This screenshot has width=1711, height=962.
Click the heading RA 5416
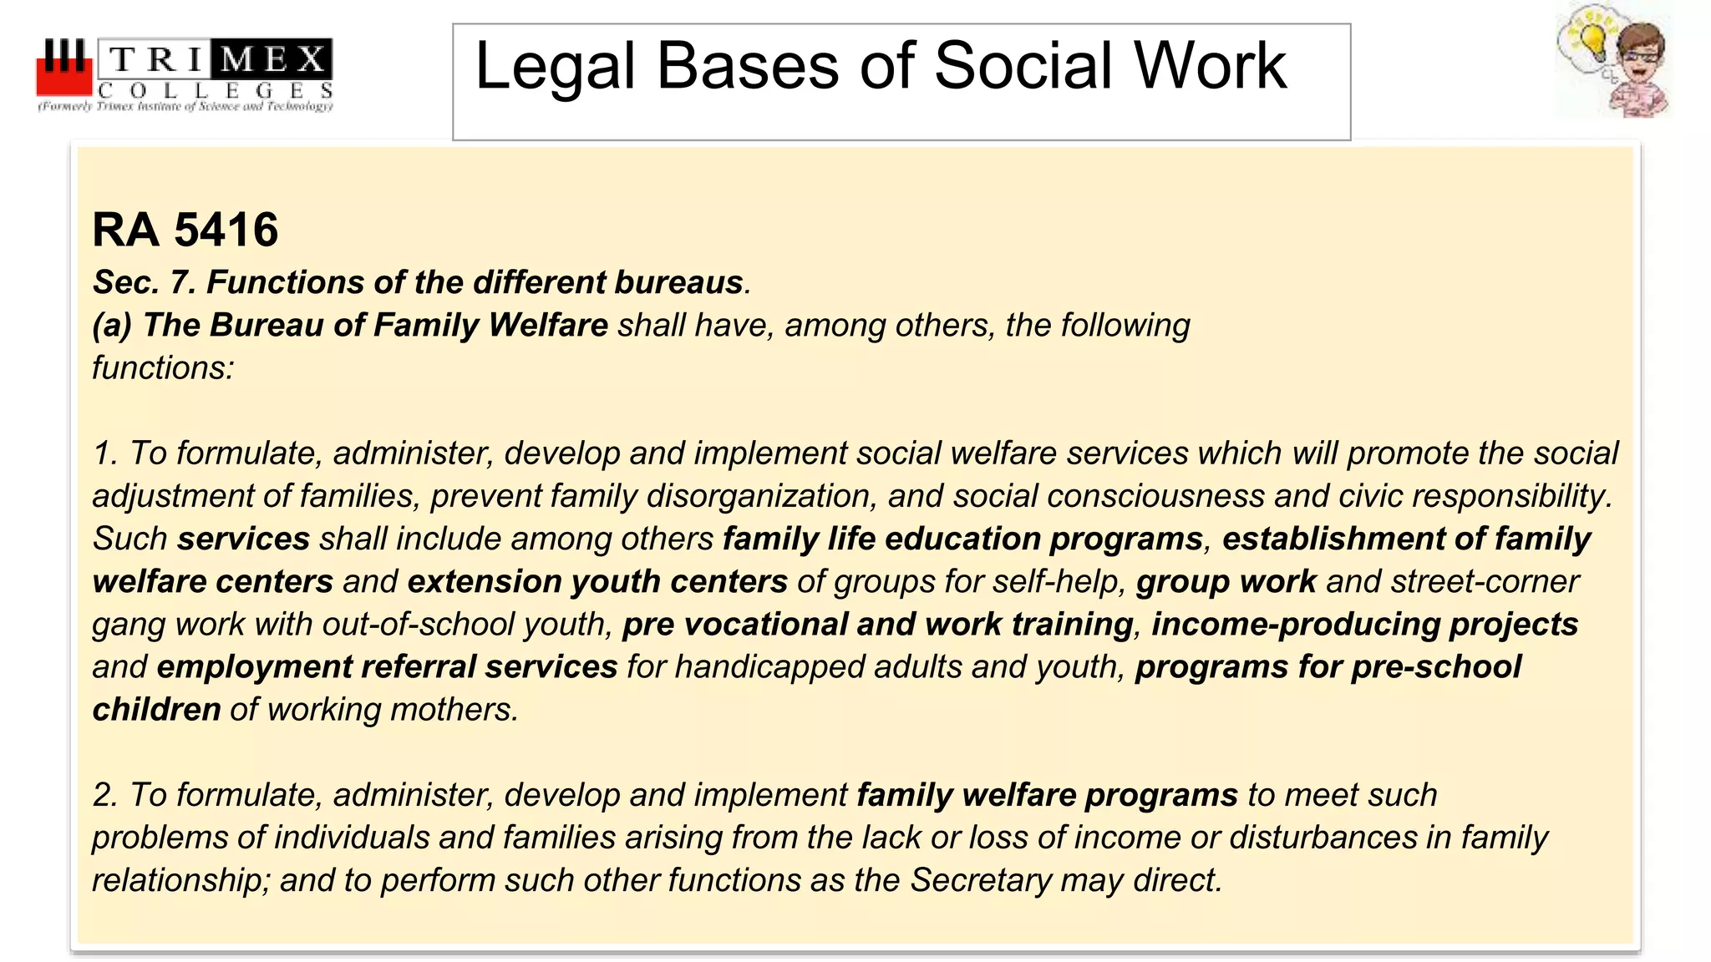[185, 230]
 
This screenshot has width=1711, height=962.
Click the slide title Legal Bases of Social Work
[881, 67]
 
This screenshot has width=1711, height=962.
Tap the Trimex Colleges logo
[185, 75]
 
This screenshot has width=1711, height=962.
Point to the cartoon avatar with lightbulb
[1613, 61]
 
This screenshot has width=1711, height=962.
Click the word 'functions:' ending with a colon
[163, 367]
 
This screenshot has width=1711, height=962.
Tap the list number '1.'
[105, 453]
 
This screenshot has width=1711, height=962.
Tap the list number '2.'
[105, 795]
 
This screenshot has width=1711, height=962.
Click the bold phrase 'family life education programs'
[962, 539]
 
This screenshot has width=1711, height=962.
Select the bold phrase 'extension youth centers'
[597, 581]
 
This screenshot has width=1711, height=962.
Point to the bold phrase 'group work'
[1226, 581]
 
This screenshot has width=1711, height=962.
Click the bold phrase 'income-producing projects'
[1364, 625]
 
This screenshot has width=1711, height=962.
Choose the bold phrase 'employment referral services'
[387, 667]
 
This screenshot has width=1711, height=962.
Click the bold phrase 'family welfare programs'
[1047, 795]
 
